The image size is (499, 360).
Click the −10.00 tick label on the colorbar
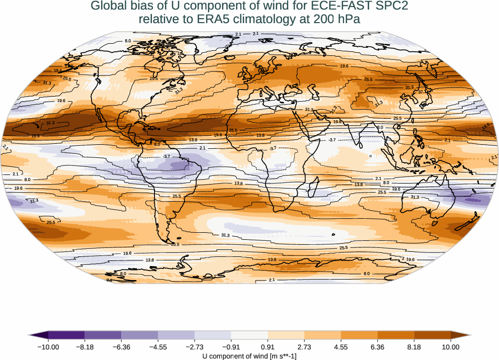pos(49,346)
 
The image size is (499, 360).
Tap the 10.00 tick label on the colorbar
pos(451,346)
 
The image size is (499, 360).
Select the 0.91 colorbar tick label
pos(268,346)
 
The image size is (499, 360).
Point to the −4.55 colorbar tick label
pos(158,346)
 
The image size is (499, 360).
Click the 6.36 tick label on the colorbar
pos(377,346)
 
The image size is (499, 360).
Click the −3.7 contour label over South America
pos(167,157)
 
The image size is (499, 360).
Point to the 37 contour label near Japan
pos(422,92)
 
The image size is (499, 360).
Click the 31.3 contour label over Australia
pos(414,197)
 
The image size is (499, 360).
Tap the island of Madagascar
pos(312,190)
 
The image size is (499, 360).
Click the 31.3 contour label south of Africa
pos(225,235)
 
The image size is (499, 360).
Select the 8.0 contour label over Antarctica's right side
pos(367,274)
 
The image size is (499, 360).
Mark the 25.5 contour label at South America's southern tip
pos(175,244)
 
